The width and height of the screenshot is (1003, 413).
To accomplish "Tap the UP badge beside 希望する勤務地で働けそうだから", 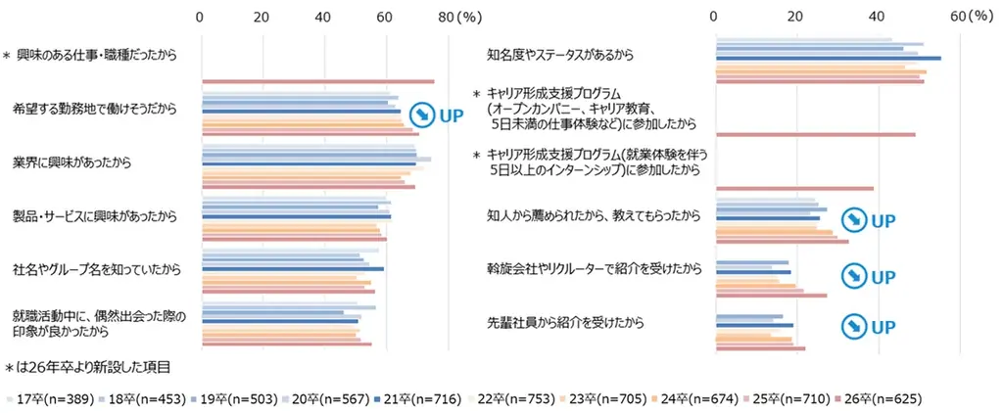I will click(435, 115).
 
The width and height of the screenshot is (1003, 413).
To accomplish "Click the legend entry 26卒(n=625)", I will click(880, 399).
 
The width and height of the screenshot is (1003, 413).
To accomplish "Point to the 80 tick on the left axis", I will click(447, 17).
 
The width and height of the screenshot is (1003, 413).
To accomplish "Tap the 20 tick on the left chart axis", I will click(262, 17).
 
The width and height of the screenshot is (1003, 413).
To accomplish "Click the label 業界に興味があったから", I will click(72, 161).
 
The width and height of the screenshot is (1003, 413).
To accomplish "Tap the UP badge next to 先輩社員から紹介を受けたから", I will click(871, 325).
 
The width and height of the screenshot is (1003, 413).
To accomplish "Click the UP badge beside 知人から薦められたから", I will click(871, 219).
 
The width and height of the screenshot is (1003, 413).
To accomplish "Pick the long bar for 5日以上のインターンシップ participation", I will click(794, 188).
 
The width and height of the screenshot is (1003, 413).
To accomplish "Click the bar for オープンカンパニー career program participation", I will click(815, 135).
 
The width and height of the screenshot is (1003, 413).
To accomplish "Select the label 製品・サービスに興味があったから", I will click(94, 214).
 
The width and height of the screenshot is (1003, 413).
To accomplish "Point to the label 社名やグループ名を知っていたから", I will click(90, 267).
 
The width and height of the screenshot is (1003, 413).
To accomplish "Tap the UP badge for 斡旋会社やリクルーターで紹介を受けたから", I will click(871, 275).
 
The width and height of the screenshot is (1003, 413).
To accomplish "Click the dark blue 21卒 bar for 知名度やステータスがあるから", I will click(828, 59).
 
